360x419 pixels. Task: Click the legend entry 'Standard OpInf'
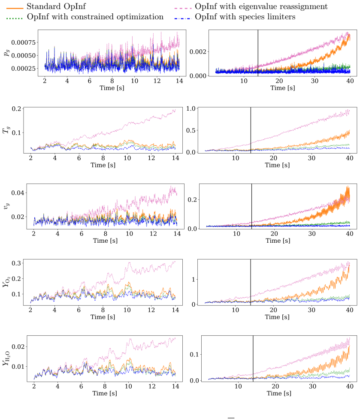click(x=56, y=6)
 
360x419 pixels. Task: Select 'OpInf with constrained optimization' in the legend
click(x=95, y=17)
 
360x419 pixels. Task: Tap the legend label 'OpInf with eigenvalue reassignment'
click(x=261, y=7)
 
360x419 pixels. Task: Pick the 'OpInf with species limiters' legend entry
click(x=245, y=17)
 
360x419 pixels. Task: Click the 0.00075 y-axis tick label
click(x=23, y=42)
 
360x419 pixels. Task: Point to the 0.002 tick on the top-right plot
click(x=198, y=51)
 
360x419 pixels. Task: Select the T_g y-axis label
click(x=6, y=130)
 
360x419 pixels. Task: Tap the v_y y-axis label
click(x=6, y=206)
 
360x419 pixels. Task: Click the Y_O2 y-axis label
click(x=6, y=282)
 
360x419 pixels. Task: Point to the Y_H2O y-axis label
click(x=6, y=359)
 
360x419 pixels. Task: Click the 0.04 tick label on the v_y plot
click(x=18, y=193)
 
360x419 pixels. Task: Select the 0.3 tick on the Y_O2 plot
click(x=16, y=263)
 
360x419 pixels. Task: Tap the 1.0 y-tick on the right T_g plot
click(x=191, y=109)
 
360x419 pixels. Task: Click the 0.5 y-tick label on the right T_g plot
click(x=191, y=130)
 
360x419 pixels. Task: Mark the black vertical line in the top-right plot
click(x=258, y=53)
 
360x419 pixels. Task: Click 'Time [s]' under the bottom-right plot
click(x=279, y=393)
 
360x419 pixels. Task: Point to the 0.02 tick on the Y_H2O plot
click(x=18, y=347)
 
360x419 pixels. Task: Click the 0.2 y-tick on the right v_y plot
click(x=192, y=199)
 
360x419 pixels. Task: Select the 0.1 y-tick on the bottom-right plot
click(x=194, y=354)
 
